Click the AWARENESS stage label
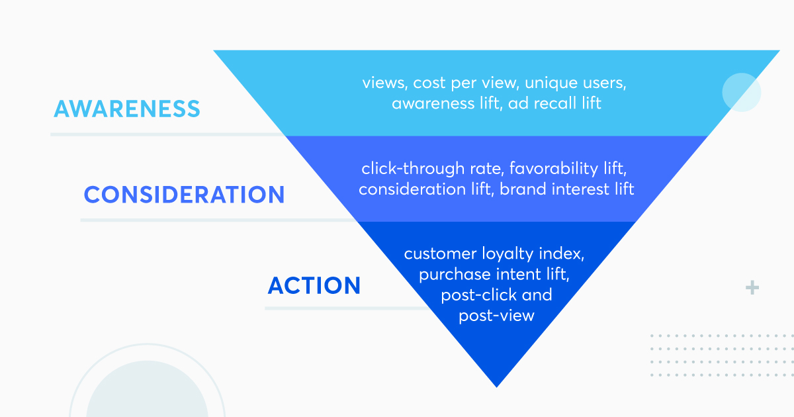127,109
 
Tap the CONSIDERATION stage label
185,195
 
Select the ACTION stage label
314,285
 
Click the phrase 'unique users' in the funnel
575,83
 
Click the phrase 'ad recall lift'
554,103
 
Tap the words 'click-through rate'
433,169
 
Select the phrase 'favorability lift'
568,168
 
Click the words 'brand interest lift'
566,189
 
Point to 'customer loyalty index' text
494,254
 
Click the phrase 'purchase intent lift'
494,275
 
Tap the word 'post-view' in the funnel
497,316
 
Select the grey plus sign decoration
752,287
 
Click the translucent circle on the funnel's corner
742,92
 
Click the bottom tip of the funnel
497,387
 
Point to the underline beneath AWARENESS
168,134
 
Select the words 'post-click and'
496,295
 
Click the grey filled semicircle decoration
147,390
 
